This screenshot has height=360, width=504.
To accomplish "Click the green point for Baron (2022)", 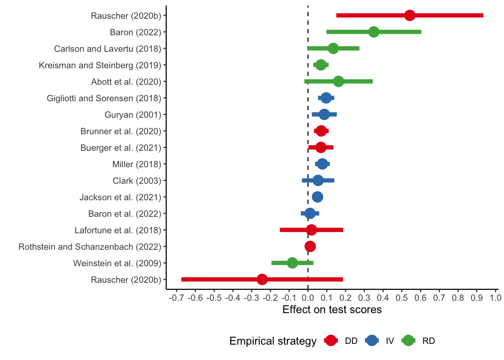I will [x=373, y=32].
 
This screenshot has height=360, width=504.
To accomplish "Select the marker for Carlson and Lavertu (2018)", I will [x=333, y=48].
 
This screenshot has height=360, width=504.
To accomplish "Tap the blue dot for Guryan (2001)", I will [x=324, y=114].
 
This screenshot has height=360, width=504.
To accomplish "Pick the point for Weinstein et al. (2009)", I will [x=292, y=263].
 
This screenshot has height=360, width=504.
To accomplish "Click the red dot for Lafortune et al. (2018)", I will [x=311, y=230].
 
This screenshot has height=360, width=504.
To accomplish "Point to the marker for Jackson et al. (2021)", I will [x=318, y=197].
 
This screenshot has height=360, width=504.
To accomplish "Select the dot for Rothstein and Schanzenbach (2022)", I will [x=310, y=246].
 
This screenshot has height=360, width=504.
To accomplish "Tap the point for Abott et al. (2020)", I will [x=338, y=81].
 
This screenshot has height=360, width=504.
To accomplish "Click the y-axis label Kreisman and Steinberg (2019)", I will [x=100, y=65].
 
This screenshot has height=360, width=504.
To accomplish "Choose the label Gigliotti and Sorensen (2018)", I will [x=104, y=98].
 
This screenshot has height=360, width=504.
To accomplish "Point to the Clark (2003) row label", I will [x=137, y=181].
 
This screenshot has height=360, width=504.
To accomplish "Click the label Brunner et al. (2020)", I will [x=121, y=131].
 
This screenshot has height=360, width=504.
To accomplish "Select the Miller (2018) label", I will [x=136, y=164].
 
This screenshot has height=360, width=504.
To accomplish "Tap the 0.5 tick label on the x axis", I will [x=402, y=298].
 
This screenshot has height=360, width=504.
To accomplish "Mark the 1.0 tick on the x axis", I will [x=495, y=298].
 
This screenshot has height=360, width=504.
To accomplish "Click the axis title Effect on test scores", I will [x=332, y=310].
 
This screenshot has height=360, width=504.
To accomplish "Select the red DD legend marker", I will [x=331, y=340].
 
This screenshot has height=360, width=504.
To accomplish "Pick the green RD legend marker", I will [x=408, y=340].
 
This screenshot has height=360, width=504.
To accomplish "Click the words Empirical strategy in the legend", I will [x=273, y=341].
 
